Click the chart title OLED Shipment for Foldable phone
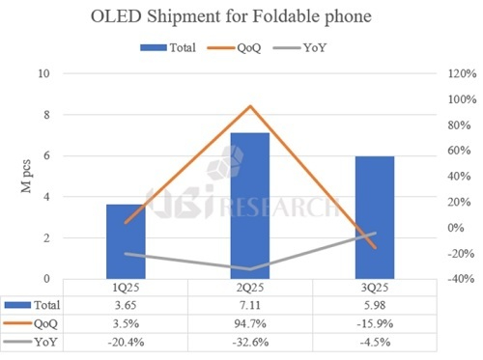[241, 16]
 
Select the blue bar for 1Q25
[126, 241]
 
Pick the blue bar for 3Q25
[374, 217]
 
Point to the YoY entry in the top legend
[339, 45]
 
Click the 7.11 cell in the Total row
[249, 305]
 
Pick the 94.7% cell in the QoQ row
[249, 323]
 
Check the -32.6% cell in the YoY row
[249, 342]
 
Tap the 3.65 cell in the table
[126, 305]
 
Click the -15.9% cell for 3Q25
[374, 323]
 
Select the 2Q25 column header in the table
[249, 288]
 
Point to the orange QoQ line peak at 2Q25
[250, 106]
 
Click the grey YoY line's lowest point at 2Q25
[250, 269]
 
